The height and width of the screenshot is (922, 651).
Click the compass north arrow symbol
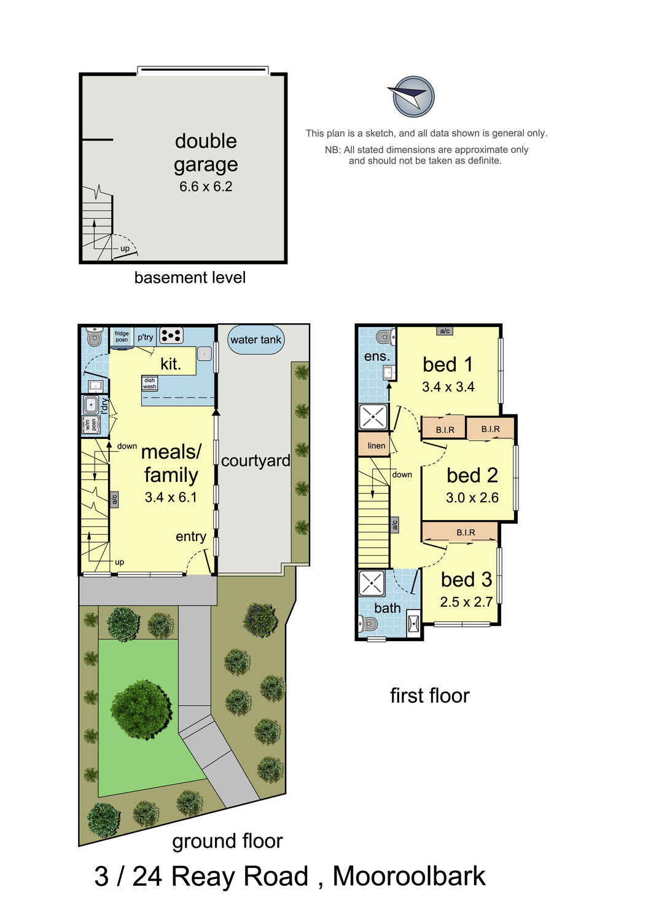coord(413,97)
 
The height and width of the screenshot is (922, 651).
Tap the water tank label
coord(255,340)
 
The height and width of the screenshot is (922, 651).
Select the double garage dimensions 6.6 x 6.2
coord(206,187)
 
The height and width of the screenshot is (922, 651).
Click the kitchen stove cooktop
coord(171,336)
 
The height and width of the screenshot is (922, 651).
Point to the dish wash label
coord(150,384)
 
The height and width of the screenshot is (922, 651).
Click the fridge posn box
coord(122,337)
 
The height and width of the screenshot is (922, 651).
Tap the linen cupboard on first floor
coord(376,446)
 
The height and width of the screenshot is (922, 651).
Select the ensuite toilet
coord(385,336)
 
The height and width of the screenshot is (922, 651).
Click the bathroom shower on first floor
coord(372,583)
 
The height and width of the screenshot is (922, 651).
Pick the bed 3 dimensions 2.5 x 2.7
coord(466,602)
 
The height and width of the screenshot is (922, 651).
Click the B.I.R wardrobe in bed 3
coord(466,532)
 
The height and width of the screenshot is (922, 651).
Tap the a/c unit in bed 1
coord(445,331)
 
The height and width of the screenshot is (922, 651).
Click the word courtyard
coord(255,461)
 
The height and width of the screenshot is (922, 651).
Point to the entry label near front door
coord(190,537)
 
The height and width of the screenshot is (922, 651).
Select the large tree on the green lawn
coord(142,709)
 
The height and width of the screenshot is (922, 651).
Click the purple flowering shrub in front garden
coord(261,618)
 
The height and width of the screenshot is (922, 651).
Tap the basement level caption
coord(190,278)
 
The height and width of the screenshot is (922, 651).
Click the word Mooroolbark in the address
coord(408,877)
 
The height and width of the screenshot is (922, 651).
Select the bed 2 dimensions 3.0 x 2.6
coord(472,498)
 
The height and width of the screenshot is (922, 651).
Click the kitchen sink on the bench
coord(205,353)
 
